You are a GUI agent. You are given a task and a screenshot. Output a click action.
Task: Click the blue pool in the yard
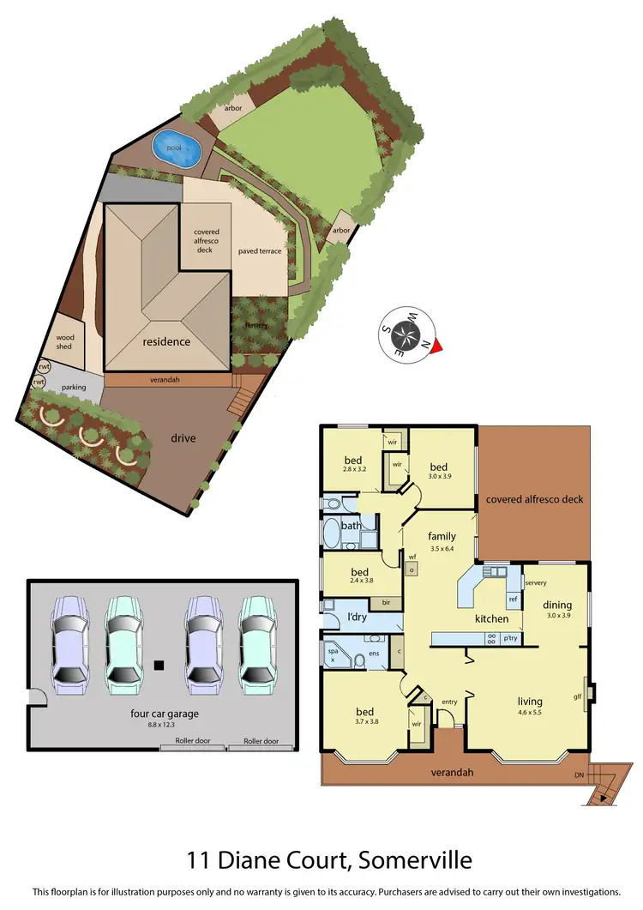coord(177,148)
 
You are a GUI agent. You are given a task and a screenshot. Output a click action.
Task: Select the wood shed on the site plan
coord(66,342)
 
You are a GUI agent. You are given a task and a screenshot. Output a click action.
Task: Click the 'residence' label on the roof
coord(166,341)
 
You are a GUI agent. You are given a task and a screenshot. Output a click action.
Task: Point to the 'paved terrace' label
coord(260,251)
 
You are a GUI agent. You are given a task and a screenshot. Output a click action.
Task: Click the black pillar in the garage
coord(159,664)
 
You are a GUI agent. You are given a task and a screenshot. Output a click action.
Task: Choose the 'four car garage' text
coord(159,712)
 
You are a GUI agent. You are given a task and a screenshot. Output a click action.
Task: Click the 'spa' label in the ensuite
coord(332,651)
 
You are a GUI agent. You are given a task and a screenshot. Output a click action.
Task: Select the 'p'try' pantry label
coord(510,638)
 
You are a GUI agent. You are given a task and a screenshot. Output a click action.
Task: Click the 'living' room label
coord(529,702)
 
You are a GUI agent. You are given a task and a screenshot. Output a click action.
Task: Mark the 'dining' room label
coord(557,604)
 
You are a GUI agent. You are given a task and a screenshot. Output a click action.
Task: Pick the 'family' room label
coord(442,537)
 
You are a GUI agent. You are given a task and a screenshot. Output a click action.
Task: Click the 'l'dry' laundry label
coord(356,618)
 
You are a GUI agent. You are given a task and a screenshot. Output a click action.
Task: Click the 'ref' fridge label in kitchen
coord(513,599)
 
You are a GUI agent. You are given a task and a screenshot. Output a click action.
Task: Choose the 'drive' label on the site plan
coord(183,438)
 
